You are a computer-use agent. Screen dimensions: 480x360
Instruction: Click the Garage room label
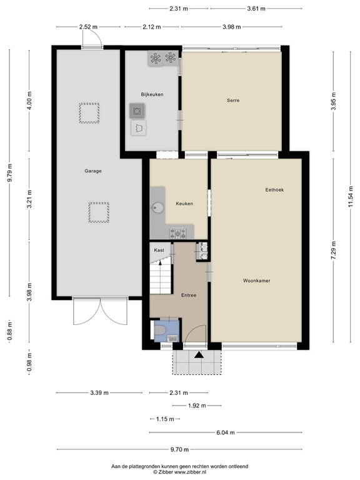pyautogui.click(x=93, y=171)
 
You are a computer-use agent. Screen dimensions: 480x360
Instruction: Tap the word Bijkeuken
pyautogui.click(x=152, y=94)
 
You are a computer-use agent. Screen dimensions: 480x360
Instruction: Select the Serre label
pyautogui.click(x=233, y=100)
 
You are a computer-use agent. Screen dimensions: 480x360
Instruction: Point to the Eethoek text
pyautogui.click(x=274, y=190)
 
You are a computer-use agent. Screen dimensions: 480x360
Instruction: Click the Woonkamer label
pyautogui.click(x=257, y=281)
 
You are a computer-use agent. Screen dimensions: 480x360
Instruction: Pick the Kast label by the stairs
pyautogui.click(x=159, y=250)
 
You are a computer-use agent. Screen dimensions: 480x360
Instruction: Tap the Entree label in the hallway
pyautogui.click(x=189, y=295)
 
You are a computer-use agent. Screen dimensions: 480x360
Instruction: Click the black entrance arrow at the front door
pyautogui.click(x=199, y=355)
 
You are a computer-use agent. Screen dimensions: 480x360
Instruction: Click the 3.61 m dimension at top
pyautogui.click(x=254, y=9)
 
